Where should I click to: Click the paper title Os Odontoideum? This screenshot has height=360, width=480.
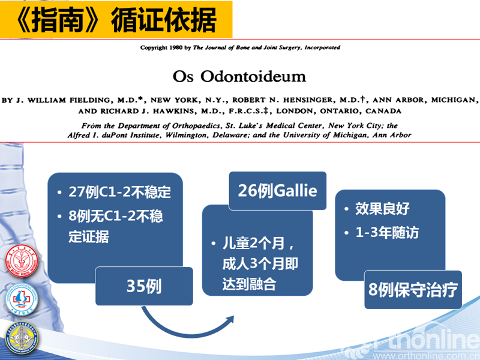(x=239, y=76)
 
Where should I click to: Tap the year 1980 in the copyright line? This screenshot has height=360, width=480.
(x=176, y=47)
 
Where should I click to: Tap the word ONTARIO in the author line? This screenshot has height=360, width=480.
(x=340, y=111)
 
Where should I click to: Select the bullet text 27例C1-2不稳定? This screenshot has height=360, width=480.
(x=119, y=192)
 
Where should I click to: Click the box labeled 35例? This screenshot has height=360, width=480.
(x=144, y=286)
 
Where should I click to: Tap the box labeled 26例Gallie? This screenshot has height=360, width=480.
(x=278, y=191)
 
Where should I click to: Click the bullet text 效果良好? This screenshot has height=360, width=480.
(x=382, y=209)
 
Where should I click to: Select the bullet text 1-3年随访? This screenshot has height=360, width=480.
(x=387, y=232)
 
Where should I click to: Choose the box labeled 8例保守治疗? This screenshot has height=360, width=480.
(x=413, y=290)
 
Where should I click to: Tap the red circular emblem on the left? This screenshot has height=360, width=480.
(x=22, y=261)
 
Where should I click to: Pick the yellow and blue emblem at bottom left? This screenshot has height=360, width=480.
(x=22, y=338)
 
